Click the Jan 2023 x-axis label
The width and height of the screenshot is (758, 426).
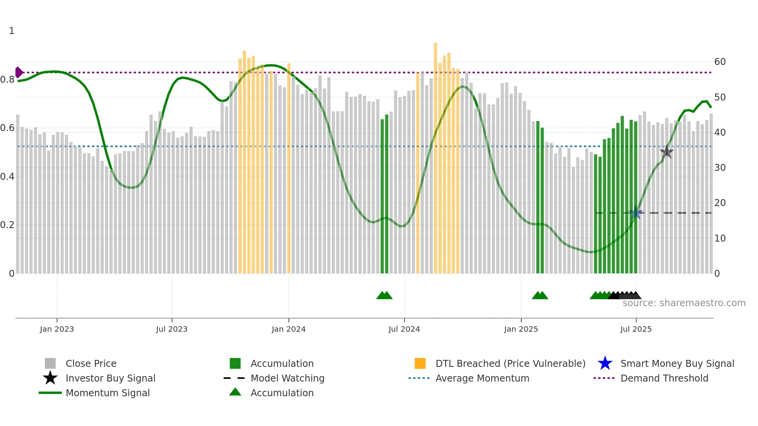pyautogui.click(x=57, y=329)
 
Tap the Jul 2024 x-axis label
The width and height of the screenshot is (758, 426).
pyautogui.click(x=404, y=329)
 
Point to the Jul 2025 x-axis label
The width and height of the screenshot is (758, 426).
pyautogui.click(x=636, y=329)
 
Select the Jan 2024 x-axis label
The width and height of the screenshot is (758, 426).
pyautogui.click(x=289, y=329)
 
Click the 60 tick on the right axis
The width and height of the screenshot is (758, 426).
pyautogui.click(x=720, y=62)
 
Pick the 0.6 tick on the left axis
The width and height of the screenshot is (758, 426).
pyautogui.click(x=7, y=128)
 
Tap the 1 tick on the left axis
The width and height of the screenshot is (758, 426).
pyautogui.click(x=12, y=31)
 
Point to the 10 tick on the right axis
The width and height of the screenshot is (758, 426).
pyautogui.click(x=720, y=239)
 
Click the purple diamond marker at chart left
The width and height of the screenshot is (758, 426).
pyautogui.click(x=19, y=72)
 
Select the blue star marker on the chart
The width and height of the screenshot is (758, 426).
pyautogui.click(x=636, y=213)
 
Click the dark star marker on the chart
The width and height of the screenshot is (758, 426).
pyautogui.click(x=666, y=152)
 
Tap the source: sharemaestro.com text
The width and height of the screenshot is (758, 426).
pyautogui.click(x=684, y=303)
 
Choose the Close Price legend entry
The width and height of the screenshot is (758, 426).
pyautogui.click(x=91, y=363)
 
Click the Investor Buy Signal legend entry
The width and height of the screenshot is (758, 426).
pyautogui.click(x=110, y=378)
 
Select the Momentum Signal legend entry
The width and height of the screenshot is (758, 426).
pyautogui.click(x=108, y=393)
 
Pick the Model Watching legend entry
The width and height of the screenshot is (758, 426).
pyautogui.click(x=287, y=378)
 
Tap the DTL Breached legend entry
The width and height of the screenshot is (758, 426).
pyautogui.click(x=510, y=363)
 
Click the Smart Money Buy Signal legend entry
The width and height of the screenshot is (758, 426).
pyautogui.click(x=677, y=363)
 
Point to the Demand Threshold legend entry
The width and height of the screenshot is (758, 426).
pyautogui.click(x=664, y=378)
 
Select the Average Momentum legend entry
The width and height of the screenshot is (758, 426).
pyautogui.click(x=482, y=378)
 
